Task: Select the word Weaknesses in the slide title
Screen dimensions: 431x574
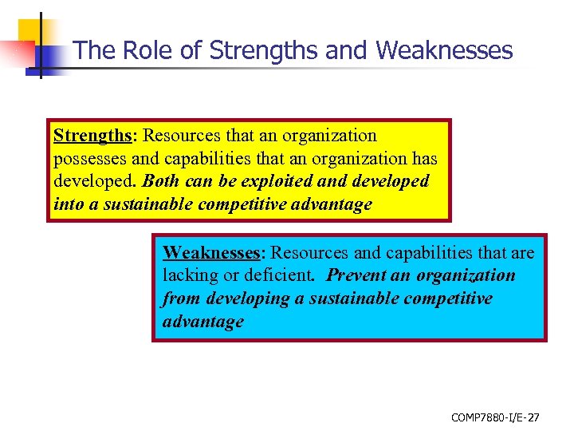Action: [444, 50]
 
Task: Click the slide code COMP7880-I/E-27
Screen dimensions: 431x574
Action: [495, 417]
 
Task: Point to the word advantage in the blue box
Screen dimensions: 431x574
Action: [202, 322]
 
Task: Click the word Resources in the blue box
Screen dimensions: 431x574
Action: [309, 253]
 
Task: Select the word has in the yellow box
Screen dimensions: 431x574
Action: [422, 159]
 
